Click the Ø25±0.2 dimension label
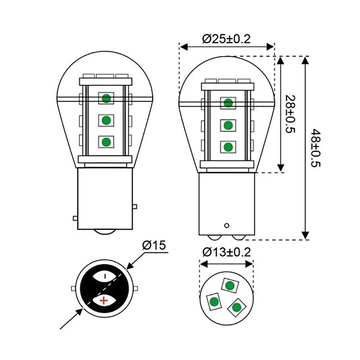(227, 39)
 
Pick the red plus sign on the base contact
(104, 300)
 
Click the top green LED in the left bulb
(106, 98)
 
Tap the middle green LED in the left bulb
(106, 120)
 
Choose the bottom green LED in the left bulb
(106, 142)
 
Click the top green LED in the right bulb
(228, 102)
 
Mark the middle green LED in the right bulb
(228, 124)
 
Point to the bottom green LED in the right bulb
(228, 146)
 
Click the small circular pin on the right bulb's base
(227, 225)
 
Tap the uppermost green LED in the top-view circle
(230, 285)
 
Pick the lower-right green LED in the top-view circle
(235, 307)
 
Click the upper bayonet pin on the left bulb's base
(135, 207)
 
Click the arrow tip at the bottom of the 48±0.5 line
(306, 239)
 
